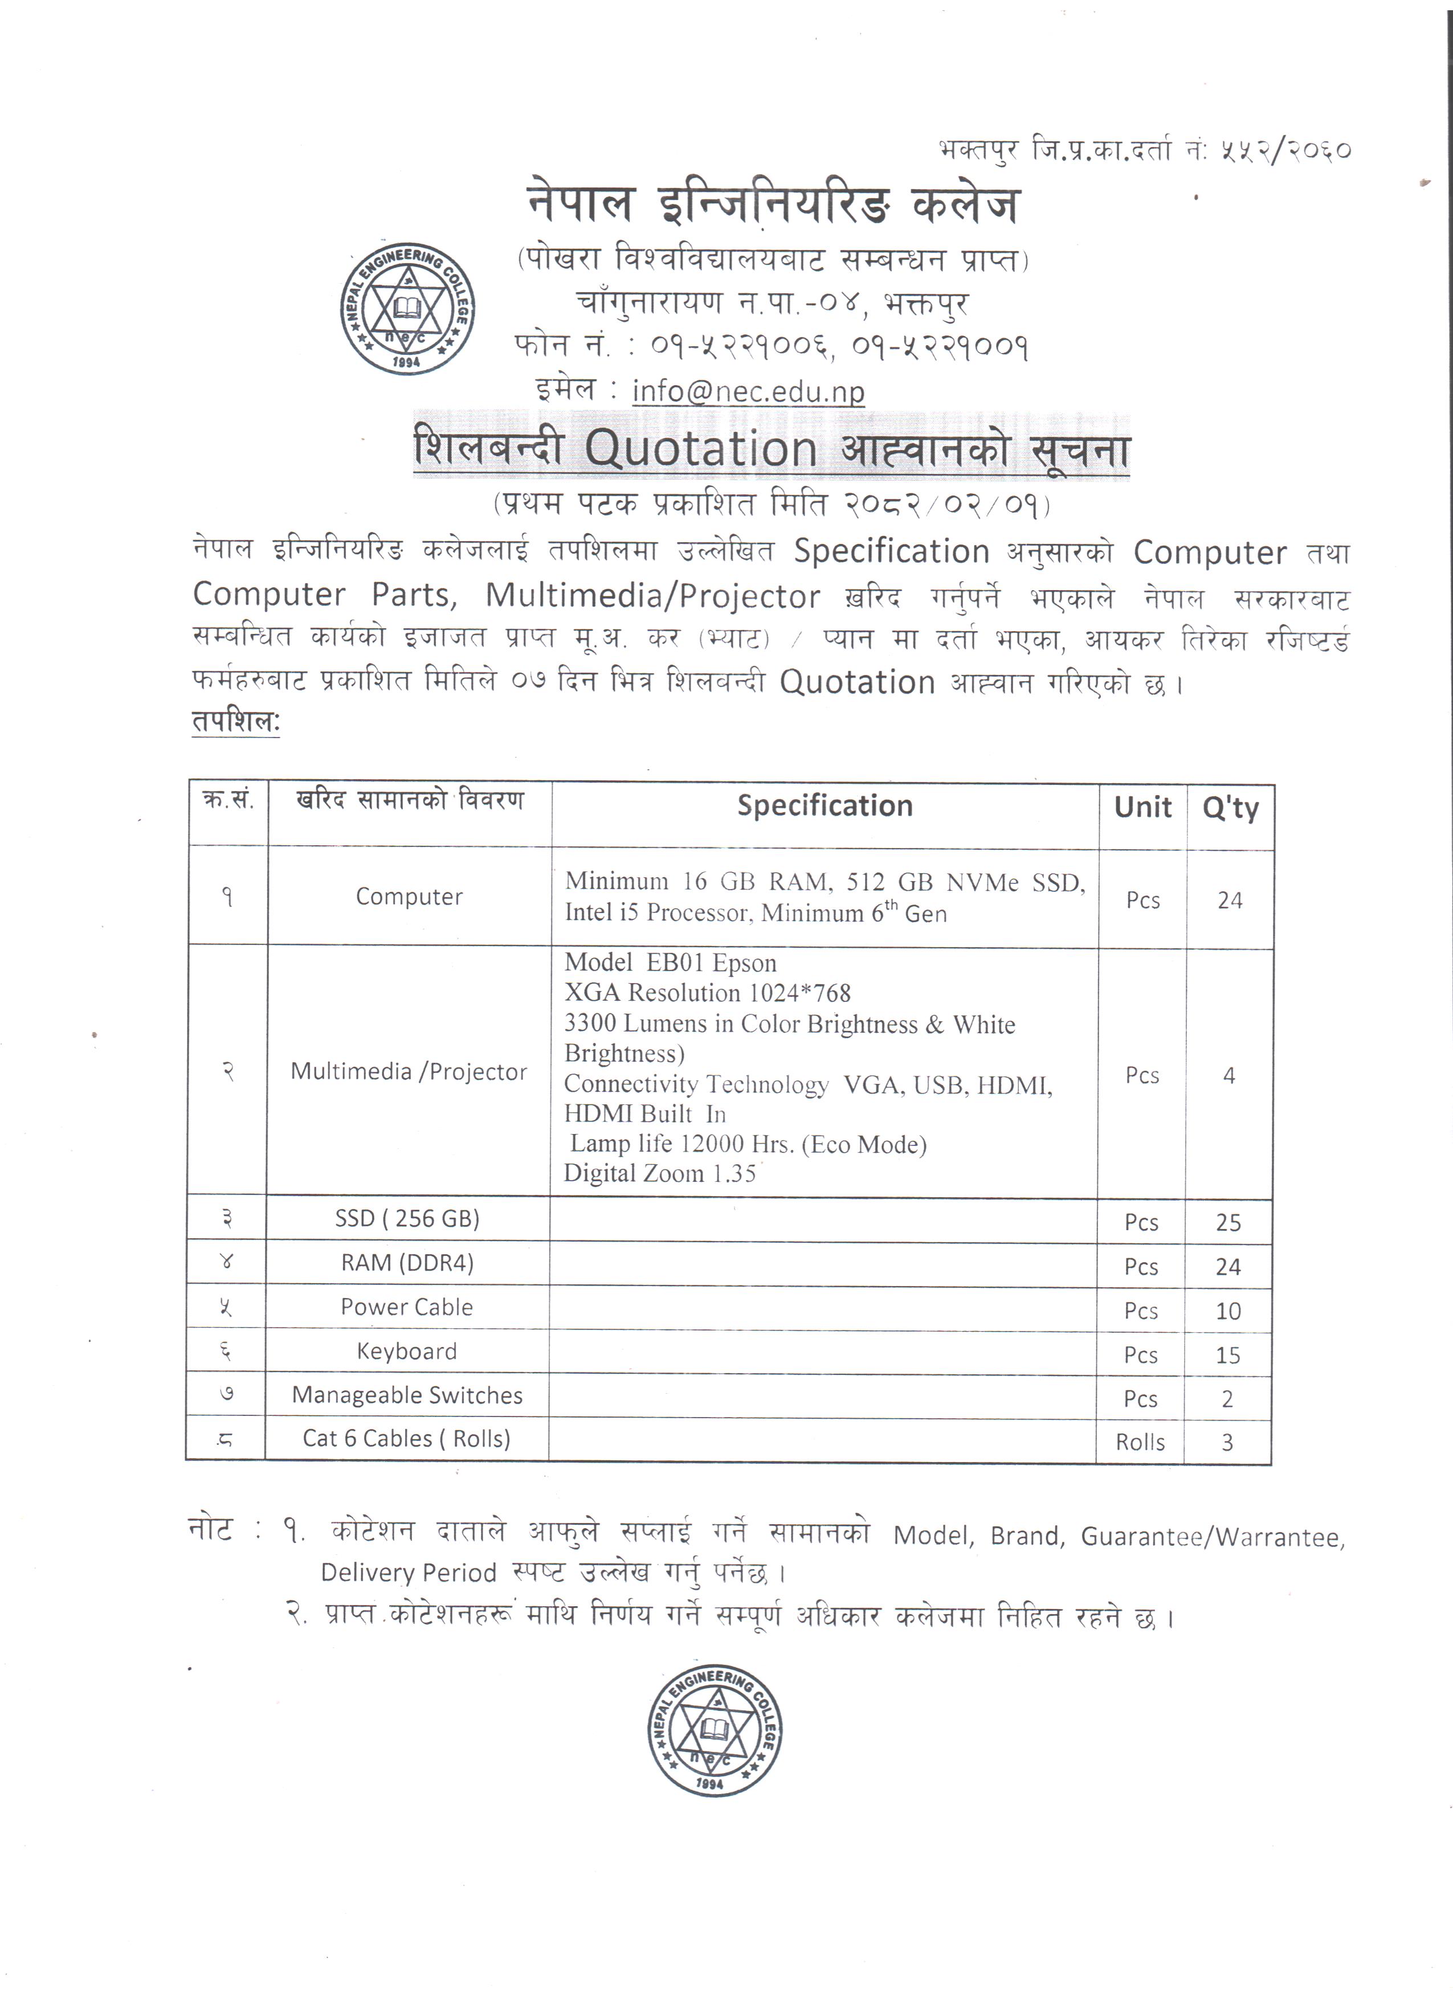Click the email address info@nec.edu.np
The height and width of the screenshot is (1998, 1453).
click(x=748, y=391)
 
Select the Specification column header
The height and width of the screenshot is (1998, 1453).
click(x=825, y=806)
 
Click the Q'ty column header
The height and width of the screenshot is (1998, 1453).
click(x=1230, y=808)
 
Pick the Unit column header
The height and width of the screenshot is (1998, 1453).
click(x=1143, y=807)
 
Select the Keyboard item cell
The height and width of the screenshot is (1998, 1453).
click(x=407, y=1352)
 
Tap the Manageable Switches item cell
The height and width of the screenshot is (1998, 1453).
click(x=407, y=1395)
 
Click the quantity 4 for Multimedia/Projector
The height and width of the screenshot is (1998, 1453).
click(x=1229, y=1076)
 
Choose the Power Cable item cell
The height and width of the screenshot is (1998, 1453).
click(x=407, y=1307)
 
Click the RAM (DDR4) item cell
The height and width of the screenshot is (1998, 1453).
click(x=407, y=1263)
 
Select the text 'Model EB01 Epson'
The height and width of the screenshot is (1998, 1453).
click(x=671, y=963)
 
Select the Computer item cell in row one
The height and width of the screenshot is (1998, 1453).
click(x=409, y=897)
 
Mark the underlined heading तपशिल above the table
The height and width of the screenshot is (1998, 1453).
click(x=235, y=722)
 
